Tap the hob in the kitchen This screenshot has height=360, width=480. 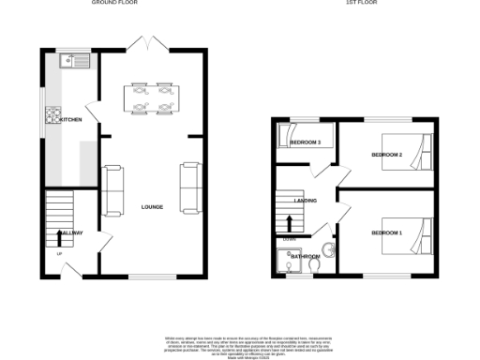click(51, 117)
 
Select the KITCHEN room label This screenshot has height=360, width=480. click(71, 120)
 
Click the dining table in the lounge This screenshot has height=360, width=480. click(153, 98)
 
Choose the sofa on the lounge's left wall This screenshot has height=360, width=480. click(112, 187)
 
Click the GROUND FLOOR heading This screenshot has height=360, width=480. click(116, 4)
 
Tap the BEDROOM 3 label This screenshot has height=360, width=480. click(305, 142)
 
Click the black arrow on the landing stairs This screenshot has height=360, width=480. click(290, 222)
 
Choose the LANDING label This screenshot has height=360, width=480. click(305, 201)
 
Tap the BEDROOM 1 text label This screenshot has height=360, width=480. click(386, 232)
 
